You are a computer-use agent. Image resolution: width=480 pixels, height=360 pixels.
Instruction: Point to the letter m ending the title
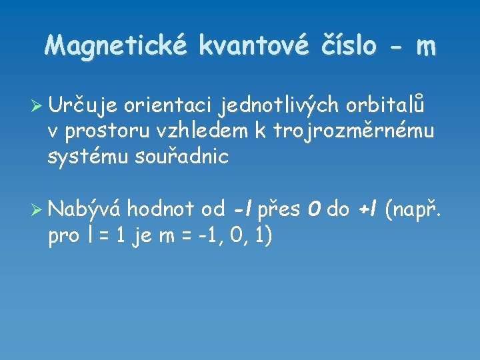[x=426, y=47]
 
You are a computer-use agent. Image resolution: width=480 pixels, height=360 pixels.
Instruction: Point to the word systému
[x=83, y=157]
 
